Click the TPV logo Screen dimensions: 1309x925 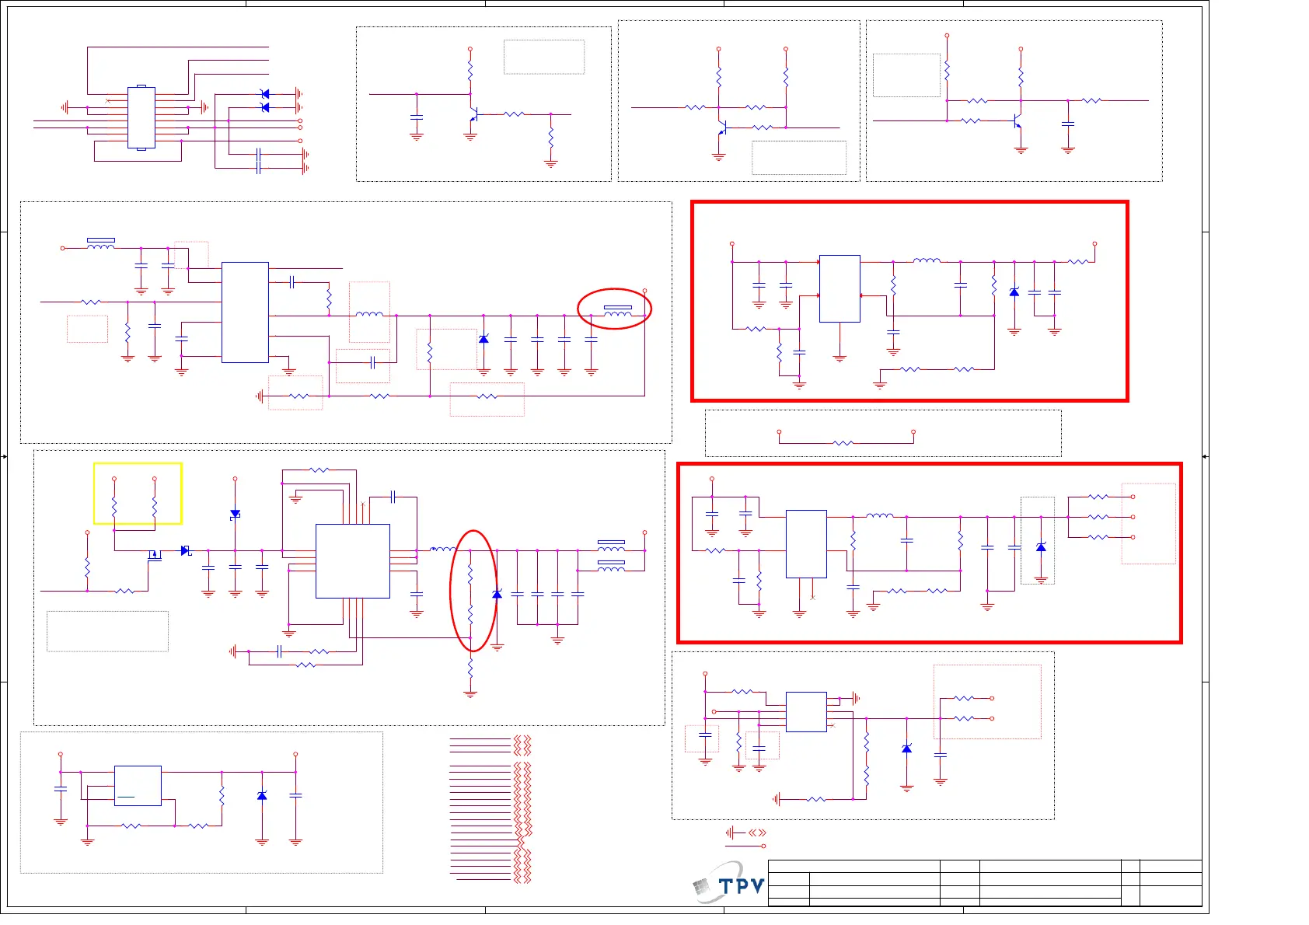(x=729, y=885)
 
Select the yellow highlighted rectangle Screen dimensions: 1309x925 (x=138, y=493)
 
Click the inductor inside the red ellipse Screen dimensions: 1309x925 (x=617, y=314)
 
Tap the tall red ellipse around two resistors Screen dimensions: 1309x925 (x=473, y=591)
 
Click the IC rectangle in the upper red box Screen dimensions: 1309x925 (x=840, y=288)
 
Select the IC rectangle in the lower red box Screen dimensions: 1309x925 (x=806, y=543)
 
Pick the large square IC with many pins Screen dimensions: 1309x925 (x=352, y=560)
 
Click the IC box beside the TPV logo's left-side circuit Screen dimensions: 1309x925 (x=138, y=785)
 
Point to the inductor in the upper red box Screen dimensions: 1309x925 (x=927, y=261)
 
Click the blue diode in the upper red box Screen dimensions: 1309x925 (x=1014, y=292)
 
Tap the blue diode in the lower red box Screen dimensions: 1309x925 (x=1041, y=547)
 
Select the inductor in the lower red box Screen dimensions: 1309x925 (x=879, y=515)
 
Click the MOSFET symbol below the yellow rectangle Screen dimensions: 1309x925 (x=154, y=555)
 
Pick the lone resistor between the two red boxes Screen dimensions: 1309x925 (x=843, y=443)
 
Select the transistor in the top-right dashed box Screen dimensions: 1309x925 (x=1017, y=122)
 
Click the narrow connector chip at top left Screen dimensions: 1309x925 (x=141, y=117)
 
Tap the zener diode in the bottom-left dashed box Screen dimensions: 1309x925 (x=262, y=796)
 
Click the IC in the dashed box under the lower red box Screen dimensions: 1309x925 (x=806, y=711)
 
